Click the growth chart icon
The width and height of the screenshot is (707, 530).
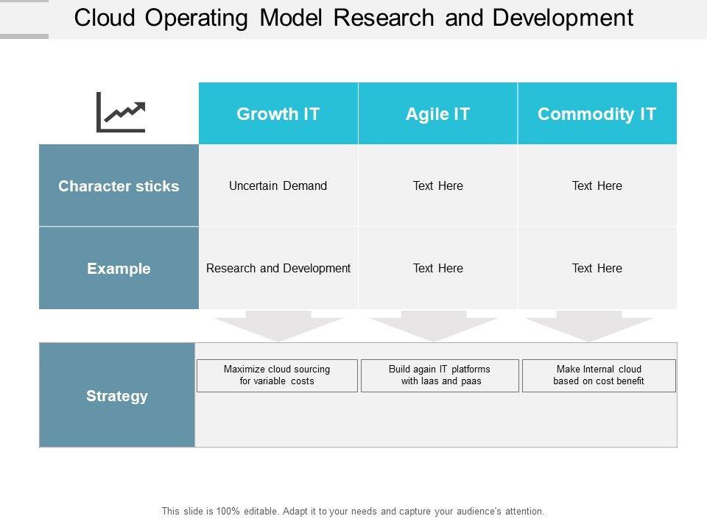(121, 112)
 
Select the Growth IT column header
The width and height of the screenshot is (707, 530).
(278, 113)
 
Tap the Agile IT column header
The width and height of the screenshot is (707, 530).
(437, 113)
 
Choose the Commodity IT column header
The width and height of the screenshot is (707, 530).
(597, 113)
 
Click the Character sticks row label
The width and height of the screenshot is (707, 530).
(119, 185)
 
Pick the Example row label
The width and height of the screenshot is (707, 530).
(119, 268)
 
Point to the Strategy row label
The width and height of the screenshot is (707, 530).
(117, 395)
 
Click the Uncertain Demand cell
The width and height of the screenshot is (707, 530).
(278, 185)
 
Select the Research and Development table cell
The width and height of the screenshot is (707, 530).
(278, 268)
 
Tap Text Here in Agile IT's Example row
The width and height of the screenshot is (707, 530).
(437, 268)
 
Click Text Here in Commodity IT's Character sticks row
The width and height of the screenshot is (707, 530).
(597, 185)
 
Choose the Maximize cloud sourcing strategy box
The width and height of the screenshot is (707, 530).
(278, 375)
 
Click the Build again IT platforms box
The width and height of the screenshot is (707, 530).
(440, 375)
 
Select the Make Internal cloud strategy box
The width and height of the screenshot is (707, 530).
(599, 375)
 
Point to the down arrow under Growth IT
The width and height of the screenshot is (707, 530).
(278, 326)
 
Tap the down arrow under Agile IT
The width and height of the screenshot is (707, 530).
(434, 326)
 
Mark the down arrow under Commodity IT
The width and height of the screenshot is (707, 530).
(589, 326)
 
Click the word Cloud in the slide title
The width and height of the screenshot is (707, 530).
(105, 18)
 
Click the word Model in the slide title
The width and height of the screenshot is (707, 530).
(291, 18)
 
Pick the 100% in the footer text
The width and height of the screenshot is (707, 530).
(228, 511)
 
